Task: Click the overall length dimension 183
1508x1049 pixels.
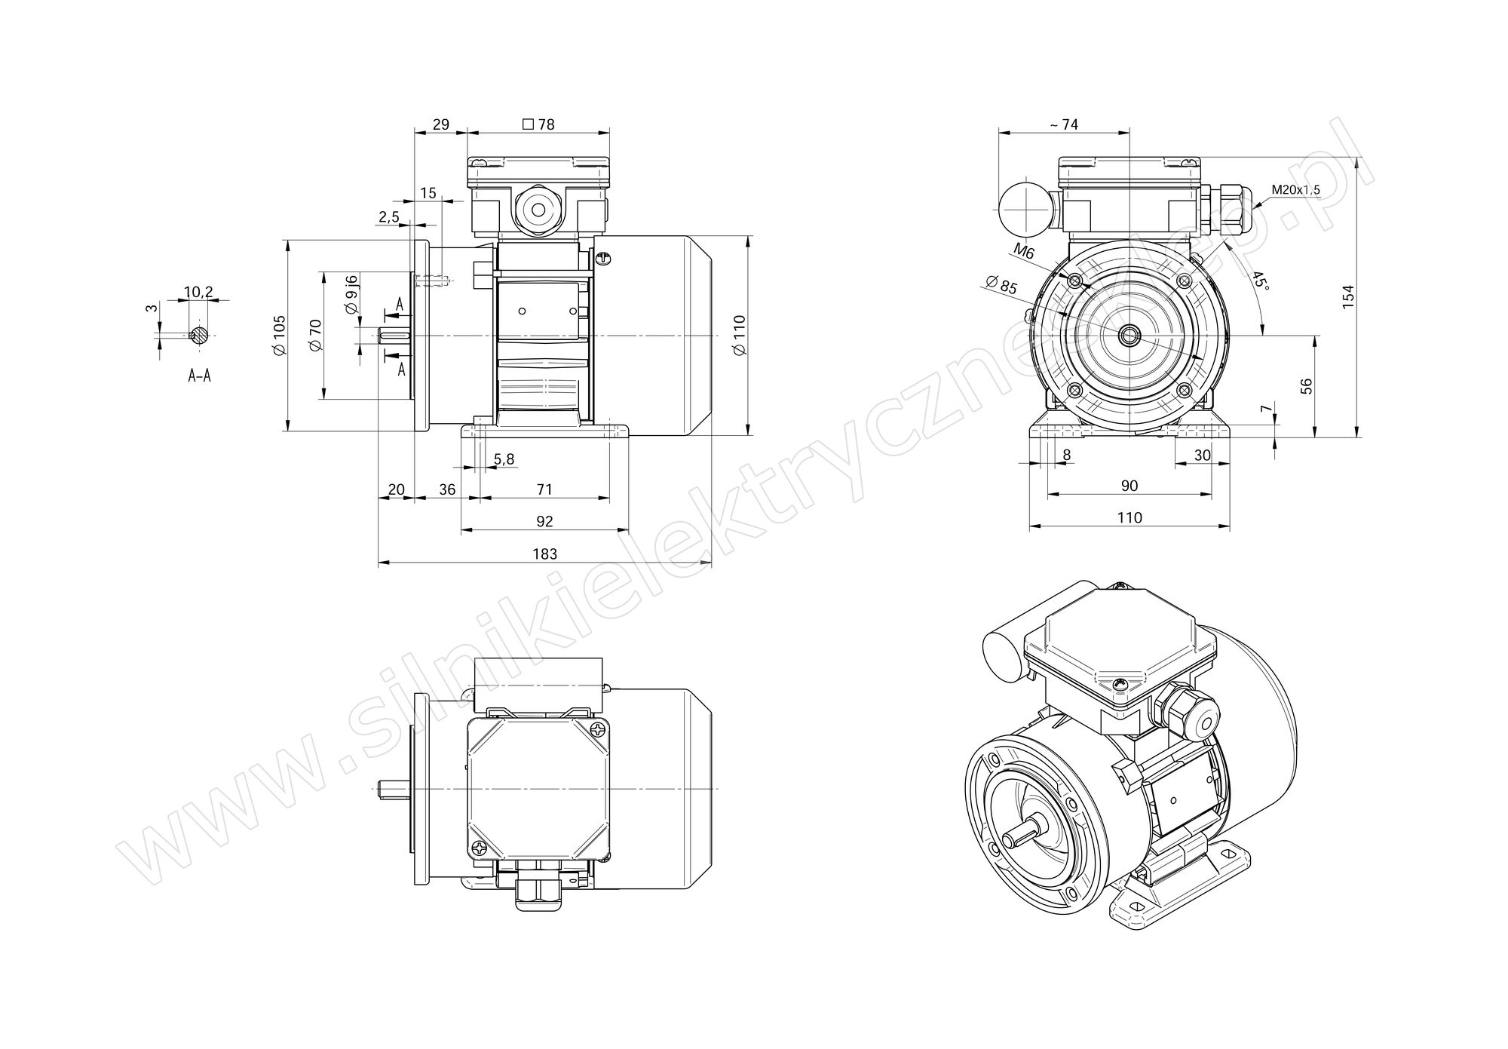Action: click(544, 554)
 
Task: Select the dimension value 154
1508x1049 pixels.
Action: click(1349, 294)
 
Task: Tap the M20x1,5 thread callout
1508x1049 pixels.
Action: click(1295, 189)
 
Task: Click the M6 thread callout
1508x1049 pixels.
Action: click(1023, 252)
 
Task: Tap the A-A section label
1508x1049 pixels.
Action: click(199, 376)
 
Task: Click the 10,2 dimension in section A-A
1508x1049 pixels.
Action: click(198, 292)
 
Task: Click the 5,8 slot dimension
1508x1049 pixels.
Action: click(504, 459)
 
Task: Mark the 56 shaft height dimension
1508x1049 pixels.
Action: click(1307, 385)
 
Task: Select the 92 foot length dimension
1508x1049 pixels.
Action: click(544, 521)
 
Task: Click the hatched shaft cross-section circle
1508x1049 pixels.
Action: click(198, 335)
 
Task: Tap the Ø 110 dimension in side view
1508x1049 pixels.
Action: click(739, 335)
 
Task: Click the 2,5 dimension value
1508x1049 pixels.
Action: click(388, 217)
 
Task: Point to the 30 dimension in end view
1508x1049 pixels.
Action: click(1203, 455)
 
